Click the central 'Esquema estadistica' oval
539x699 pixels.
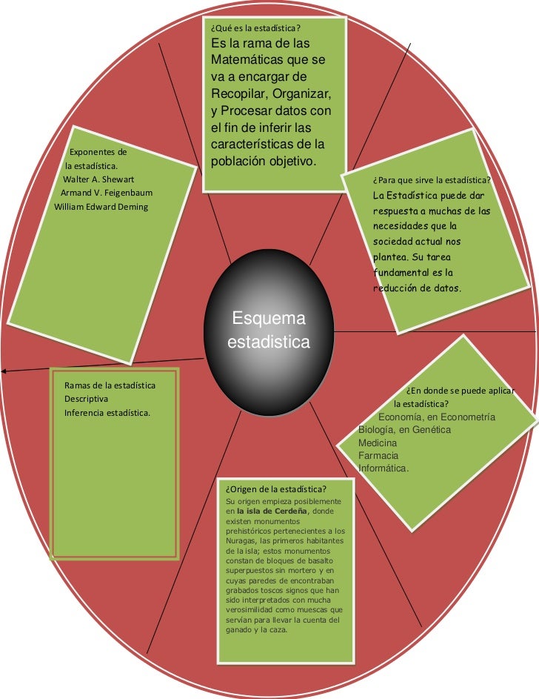click(269, 331)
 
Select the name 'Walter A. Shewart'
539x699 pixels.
click(98, 179)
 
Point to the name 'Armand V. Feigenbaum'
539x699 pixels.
click(106, 193)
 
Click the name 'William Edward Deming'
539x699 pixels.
click(101, 206)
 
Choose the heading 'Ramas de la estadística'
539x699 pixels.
click(110, 385)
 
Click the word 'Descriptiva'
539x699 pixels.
click(87, 399)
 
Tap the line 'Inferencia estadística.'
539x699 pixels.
click(107, 412)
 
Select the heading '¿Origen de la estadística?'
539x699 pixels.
click(276, 489)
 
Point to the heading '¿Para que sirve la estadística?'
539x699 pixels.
click(433, 180)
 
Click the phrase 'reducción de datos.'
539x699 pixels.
click(418, 288)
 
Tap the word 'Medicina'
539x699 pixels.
click(378, 443)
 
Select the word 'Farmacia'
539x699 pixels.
click(378, 455)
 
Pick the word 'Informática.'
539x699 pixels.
click(384, 468)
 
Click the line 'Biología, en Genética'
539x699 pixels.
click(404, 430)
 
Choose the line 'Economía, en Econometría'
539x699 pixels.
click(437, 417)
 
